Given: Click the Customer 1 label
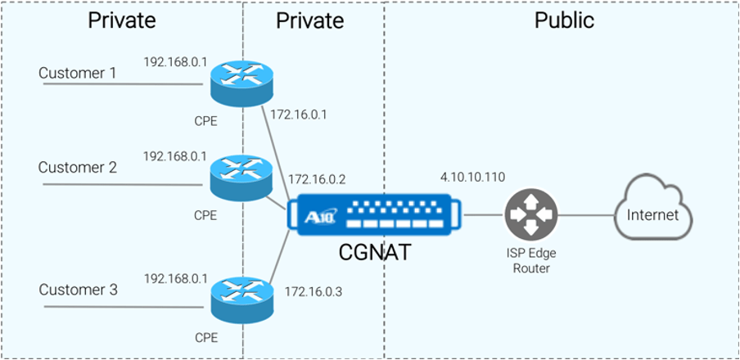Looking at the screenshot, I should tap(78, 74).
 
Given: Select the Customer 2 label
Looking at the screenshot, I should tap(78, 168).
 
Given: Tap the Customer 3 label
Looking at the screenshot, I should tap(79, 290).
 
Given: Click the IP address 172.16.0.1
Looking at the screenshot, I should tap(298, 115).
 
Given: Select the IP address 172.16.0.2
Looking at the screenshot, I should tap(316, 178).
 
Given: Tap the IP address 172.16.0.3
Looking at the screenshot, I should tap(313, 290).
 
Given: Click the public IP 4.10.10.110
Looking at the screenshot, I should tap(474, 177).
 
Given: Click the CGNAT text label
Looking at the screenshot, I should tap(374, 253).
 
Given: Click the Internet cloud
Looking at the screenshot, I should tap(652, 215).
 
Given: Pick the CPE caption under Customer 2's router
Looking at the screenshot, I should tap(205, 216).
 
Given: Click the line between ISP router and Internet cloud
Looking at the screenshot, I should tap(585, 215).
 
